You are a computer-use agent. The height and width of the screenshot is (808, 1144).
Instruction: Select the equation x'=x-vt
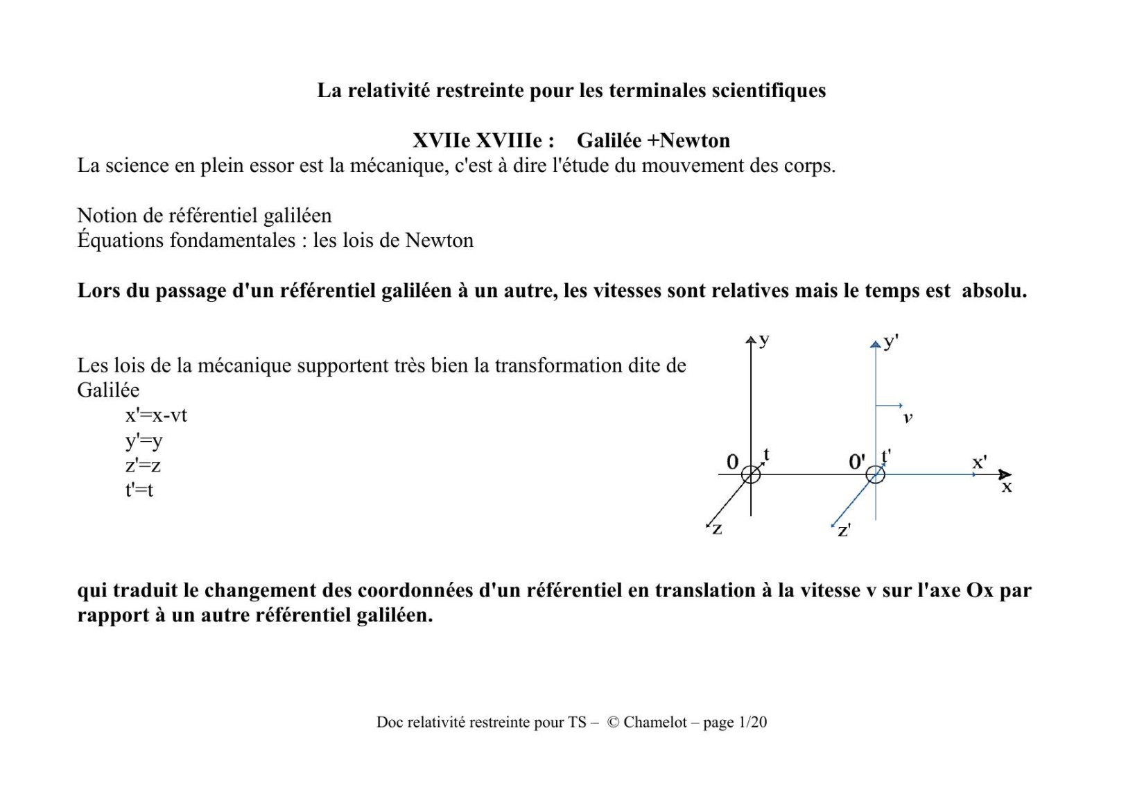(x=156, y=415)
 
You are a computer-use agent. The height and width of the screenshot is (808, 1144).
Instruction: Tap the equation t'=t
(x=139, y=490)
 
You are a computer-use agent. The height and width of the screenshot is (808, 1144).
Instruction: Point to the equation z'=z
(x=143, y=465)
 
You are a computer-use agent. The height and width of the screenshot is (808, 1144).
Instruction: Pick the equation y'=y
(x=144, y=440)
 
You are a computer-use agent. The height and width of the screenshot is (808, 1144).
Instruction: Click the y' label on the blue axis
(x=891, y=341)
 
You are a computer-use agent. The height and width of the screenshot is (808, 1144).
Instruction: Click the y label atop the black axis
(x=764, y=339)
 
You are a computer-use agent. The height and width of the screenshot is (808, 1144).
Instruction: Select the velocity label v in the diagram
(x=908, y=418)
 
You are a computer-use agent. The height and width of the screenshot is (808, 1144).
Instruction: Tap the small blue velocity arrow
(x=890, y=405)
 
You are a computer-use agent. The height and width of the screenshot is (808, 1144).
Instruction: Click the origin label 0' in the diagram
(x=857, y=461)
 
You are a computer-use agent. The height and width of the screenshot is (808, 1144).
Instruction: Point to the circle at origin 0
(x=751, y=474)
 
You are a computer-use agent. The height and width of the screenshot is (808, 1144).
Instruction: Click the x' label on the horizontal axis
(x=979, y=462)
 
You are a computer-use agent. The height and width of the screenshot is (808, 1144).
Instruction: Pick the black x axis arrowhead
(x=1005, y=474)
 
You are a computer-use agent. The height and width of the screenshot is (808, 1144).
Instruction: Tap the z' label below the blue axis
(x=844, y=531)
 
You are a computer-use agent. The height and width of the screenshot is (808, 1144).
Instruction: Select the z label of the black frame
(x=717, y=529)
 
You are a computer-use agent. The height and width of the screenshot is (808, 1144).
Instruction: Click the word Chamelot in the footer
(x=655, y=722)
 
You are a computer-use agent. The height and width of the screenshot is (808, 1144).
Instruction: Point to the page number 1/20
(x=752, y=722)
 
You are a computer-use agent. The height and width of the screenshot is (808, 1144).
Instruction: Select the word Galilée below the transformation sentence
(x=108, y=390)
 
